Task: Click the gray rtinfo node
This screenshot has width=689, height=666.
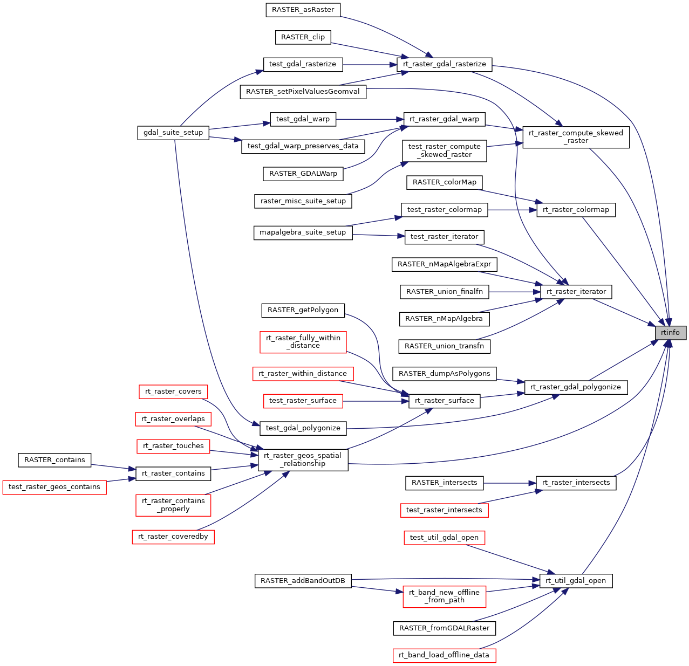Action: tap(670, 333)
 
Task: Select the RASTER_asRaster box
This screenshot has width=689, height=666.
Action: tap(303, 10)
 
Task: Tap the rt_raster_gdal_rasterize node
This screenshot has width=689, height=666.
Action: tap(444, 64)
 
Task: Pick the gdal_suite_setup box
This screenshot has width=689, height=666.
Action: tap(173, 133)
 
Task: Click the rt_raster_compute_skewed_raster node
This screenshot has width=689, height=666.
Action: tap(576, 137)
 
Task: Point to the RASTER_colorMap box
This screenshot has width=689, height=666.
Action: tap(444, 182)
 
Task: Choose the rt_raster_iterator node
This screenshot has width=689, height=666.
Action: tap(576, 292)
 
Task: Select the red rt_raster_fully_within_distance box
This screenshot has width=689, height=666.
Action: tap(303, 342)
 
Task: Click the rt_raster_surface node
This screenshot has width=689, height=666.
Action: tap(444, 401)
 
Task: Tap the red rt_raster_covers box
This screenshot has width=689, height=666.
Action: tap(173, 392)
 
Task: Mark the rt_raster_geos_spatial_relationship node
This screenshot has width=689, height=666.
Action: tap(303, 459)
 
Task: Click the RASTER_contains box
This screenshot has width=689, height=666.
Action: tap(54, 460)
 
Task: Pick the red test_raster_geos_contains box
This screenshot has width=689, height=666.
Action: tap(54, 487)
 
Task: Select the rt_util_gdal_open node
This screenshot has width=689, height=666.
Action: tap(576, 581)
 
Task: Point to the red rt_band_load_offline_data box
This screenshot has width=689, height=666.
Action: tap(444, 655)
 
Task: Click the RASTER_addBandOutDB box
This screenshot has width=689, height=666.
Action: tap(303, 581)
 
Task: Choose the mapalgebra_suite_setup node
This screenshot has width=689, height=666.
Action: tap(303, 232)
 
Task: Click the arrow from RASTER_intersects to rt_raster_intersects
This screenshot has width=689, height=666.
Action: tap(509, 483)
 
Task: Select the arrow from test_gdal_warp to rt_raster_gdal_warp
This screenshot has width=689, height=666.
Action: tap(370, 119)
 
